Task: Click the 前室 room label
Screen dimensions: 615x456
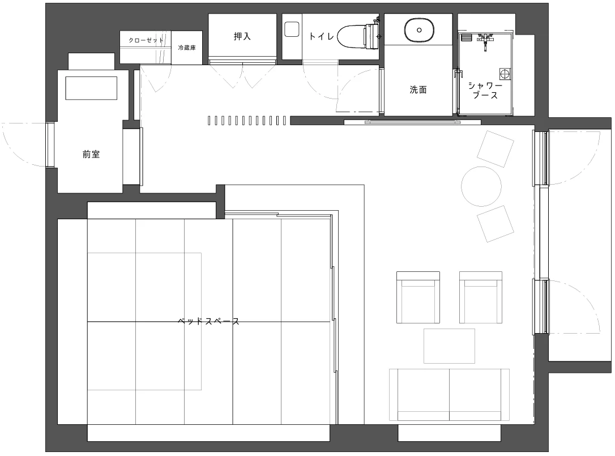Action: (91, 154)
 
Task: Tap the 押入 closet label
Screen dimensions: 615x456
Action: (242, 36)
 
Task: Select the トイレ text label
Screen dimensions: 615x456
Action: (321, 36)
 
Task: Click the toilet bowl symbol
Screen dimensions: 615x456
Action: (357, 36)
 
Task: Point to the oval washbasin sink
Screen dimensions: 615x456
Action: (419, 30)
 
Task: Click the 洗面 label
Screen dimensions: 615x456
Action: (418, 90)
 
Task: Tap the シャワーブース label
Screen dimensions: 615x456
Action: (485, 90)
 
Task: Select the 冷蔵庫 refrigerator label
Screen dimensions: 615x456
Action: (187, 48)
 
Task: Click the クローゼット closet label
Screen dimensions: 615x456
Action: (146, 40)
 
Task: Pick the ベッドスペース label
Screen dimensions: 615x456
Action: (208, 322)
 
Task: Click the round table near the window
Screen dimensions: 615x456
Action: (481, 187)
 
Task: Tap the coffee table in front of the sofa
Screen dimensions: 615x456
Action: (449, 346)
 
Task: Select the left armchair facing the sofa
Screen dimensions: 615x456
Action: (418, 297)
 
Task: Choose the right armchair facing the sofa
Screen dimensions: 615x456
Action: (481, 297)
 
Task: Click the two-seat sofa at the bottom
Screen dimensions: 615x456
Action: (450, 395)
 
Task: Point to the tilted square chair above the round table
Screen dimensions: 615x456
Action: (496, 150)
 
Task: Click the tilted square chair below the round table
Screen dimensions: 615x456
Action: (496, 224)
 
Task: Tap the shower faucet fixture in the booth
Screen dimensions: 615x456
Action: (485, 41)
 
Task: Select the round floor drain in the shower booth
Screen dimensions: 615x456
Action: (504, 74)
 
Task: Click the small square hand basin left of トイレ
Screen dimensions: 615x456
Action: (292, 29)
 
